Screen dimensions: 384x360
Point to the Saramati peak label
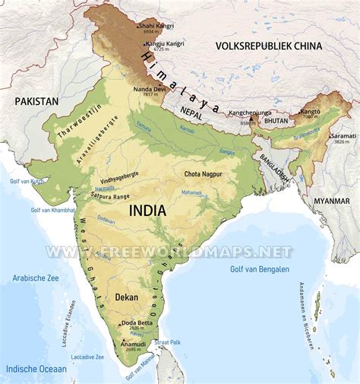click(x=343, y=135)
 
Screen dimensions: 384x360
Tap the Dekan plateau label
click(x=126, y=299)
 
